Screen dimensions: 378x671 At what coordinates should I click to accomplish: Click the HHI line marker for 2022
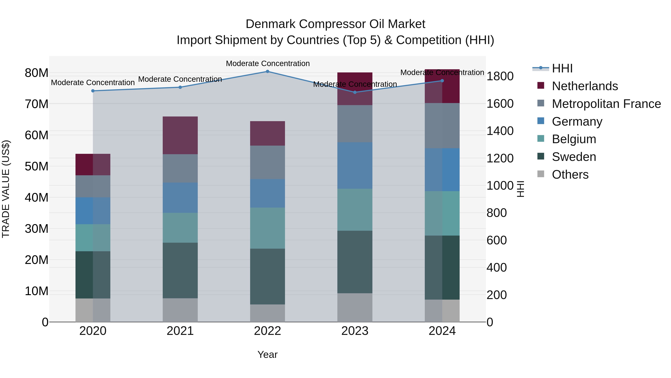click(x=267, y=71)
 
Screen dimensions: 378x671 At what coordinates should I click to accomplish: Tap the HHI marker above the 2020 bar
click(x=93, y=91)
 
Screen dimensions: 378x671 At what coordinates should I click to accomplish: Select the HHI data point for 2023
click(x=355, y=92)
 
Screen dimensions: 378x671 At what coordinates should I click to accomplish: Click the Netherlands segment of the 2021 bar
click(x=180, y=135)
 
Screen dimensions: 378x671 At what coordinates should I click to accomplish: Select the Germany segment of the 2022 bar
click(x=267, y=193)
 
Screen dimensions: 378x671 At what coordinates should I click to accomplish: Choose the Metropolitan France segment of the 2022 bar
click(x=267, y=162)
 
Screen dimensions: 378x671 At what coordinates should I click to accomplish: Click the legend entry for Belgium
click(x=574, y=139)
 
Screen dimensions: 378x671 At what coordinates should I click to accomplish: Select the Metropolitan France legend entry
click(x=606, y=104)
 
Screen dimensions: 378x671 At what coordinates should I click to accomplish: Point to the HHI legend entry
click(x=562, y=68)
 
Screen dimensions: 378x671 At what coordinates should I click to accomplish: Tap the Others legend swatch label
click(x=570, y=175)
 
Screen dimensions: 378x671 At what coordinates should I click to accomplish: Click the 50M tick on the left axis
click(x=37, y=166)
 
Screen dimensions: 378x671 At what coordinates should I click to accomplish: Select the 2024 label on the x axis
click(x=442, y=331)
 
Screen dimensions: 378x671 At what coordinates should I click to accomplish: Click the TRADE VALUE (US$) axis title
click(x=6, y=189)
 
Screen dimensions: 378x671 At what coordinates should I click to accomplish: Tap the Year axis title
click(x=267, y=354)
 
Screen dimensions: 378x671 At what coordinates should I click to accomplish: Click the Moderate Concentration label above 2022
click(x=267, y=63)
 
